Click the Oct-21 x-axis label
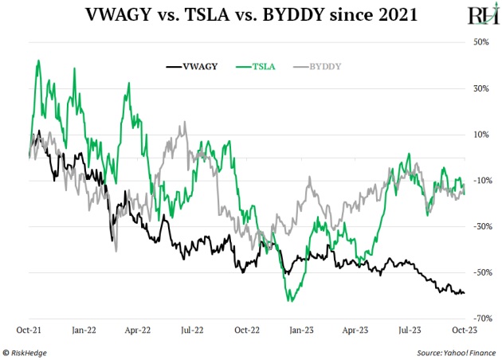pyautogui.click(x=29, y=328)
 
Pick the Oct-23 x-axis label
pyautogui.click(x=466, y=328)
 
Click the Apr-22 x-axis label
pyautogui.click(x=139, y=328)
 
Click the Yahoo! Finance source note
pyautogui.click(x=455, y=351)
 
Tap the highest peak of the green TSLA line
pyautogui.click(x=38, y=60)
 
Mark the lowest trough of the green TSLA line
pyautogui.click(x=292, y=301)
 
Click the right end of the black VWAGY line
pyautogui.click(x=465, y=293)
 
